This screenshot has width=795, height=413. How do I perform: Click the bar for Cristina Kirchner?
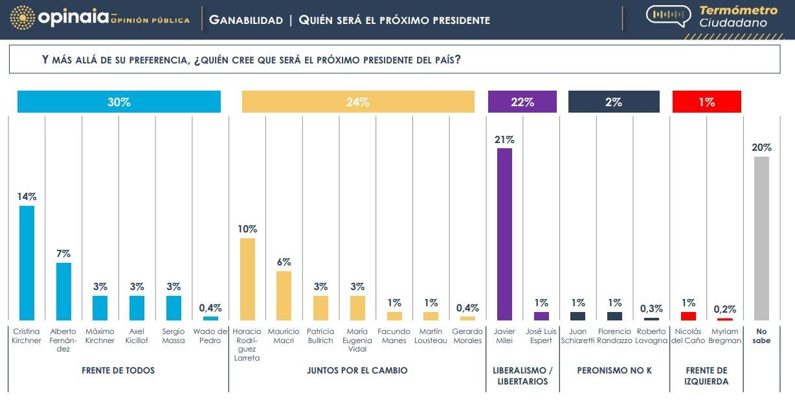(27, 263)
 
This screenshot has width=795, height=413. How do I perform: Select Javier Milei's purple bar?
(504, 234)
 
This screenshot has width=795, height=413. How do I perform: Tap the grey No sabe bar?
(761, 238)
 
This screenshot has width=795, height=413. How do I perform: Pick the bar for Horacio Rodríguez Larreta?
(247, 279)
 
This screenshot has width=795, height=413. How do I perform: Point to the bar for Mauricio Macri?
(284, 295)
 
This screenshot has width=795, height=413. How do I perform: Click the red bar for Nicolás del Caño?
(688, 316)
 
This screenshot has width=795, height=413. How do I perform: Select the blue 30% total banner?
(119, 102)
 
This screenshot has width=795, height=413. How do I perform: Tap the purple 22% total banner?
(522, 102)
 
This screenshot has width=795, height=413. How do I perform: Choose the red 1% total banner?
(706, 102)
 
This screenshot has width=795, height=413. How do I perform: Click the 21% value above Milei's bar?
(504, 139)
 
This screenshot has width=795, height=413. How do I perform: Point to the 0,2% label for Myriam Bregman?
(725, 309)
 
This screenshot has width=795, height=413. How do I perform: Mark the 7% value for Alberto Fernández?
(63, 254)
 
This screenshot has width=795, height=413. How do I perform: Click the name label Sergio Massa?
(174, 336)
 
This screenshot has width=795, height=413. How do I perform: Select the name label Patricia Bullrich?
(320, 336)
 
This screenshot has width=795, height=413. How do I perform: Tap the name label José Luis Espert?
(541, 336)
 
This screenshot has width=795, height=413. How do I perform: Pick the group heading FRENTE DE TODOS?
(118, 371)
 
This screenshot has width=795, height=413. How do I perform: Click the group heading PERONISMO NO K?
(614, 371)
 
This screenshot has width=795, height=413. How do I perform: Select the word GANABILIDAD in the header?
(246, 20)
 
